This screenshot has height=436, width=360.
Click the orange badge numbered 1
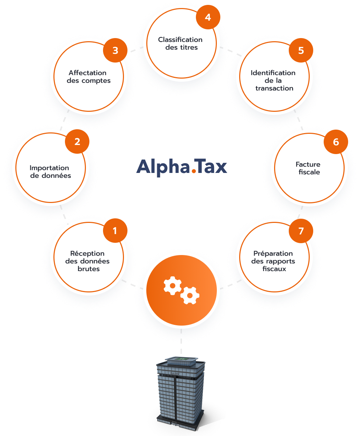point(115,230)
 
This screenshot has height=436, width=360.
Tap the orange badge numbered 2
point(77,141)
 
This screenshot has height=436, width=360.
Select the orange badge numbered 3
point(115,50)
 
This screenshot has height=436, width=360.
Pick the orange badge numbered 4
point(208,17)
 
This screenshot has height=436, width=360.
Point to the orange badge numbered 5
point(301,50)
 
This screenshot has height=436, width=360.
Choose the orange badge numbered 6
point(336,141)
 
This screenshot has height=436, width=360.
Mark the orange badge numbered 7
point(301,231)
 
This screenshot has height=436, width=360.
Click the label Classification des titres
point(180,43)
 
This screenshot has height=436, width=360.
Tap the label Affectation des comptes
point(88,77)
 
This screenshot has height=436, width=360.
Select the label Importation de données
point(50,172)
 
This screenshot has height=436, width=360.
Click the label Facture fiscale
point(308,168)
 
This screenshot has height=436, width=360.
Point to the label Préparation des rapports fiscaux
point(273,261)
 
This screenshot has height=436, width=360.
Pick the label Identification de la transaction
point(273,80)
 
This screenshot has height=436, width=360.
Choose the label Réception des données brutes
point(87,261)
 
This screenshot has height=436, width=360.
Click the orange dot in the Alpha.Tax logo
point(194,171)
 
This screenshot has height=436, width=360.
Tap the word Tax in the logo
point(210,166)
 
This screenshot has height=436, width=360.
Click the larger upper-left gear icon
point(172,285)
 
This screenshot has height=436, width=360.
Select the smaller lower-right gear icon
point(190,295)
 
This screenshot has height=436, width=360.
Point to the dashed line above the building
point(181,341)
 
